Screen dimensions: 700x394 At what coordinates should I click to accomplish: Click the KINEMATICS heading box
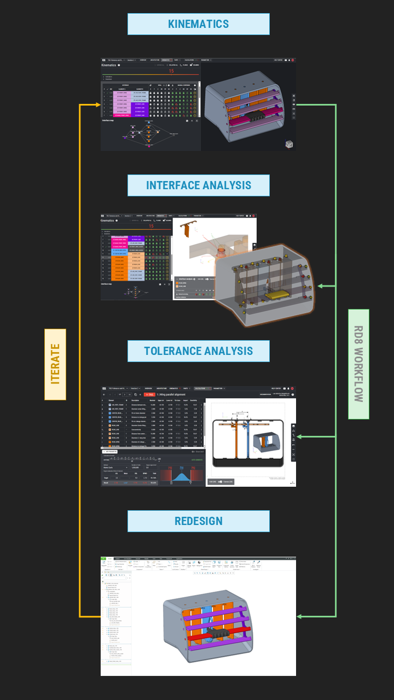pyautogui.click(x=198, y=24)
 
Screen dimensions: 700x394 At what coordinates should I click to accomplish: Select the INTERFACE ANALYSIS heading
pyautogui.click(x=198, y=185)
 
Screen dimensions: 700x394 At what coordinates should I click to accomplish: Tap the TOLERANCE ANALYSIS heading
pyautogui.click(x=198, y=351)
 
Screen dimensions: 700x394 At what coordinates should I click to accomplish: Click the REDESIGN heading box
pyautogui.click(x=198, y=521)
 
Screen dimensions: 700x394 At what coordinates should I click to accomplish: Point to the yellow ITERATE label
pyautogui.click(x=55, y=364)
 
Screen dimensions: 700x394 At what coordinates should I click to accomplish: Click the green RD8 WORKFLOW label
pyautogui.click(x=358, y=364)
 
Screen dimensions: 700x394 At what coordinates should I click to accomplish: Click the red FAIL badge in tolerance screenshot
pyautogui.click(x=149, y=394)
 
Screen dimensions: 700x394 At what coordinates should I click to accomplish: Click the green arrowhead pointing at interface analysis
pyautogui.click(x=321, y=286)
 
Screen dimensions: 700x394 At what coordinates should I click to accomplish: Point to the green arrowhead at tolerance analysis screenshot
pyautogui.click(x=299, y=437)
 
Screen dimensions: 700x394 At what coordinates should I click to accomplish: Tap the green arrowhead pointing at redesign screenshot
pyautogui.click(x=299, y=616)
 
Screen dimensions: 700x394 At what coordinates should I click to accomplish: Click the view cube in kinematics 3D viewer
pyautogui.click(x=289, y=144)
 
